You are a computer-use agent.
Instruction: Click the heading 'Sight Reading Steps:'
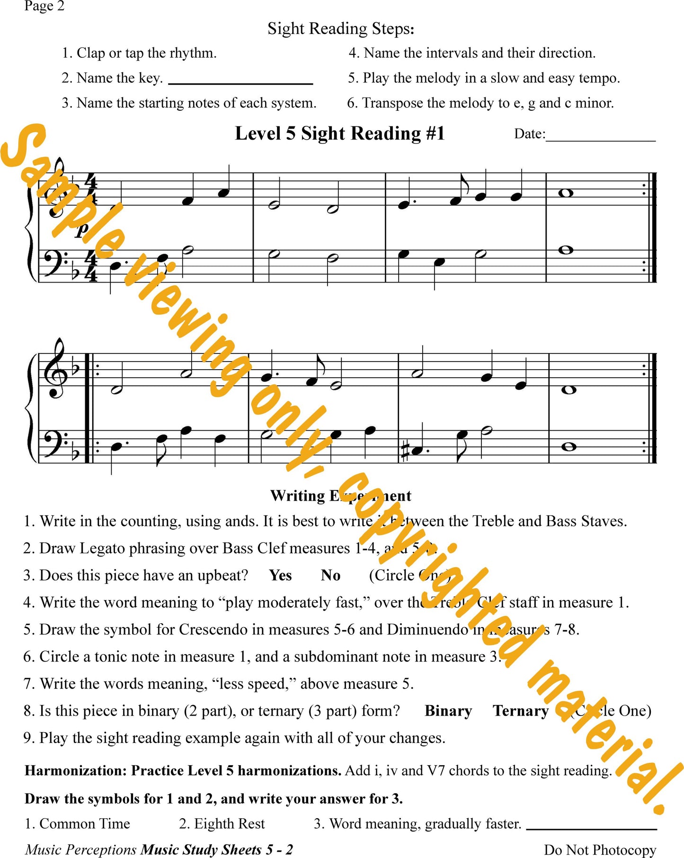pos(341,29)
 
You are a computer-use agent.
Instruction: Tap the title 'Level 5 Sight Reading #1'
pos(340,133)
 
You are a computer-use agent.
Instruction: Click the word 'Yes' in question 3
pos(280,575)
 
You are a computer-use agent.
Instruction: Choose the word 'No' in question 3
pos(330,575)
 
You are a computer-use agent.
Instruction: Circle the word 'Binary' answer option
pos(448,711)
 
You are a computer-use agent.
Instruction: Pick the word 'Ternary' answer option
pos(521,711)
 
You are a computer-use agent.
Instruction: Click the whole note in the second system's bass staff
pos(569,446)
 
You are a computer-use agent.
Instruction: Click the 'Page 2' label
pos(44,6)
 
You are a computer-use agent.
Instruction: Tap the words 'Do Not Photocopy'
pos(600,849)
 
